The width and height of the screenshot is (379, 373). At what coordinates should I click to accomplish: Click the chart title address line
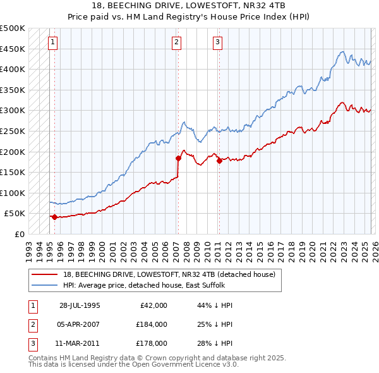[189, 6]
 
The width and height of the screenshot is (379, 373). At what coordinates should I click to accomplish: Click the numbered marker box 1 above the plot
[52, 42]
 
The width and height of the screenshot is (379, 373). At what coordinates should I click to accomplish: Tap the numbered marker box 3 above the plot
[217, 42]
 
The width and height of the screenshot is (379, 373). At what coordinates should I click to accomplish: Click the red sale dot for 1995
[54, 217]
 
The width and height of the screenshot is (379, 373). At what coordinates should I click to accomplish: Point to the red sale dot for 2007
[178, 158]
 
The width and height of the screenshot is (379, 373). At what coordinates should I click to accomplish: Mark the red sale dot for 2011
[219, 161]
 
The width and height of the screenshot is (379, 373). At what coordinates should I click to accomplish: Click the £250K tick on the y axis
[13, 131]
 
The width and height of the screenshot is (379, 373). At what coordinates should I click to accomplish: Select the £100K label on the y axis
[13, 193]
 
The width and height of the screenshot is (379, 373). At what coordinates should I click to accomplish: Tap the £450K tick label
[13, 49]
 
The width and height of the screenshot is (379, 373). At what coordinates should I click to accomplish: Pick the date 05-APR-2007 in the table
[80, 324]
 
